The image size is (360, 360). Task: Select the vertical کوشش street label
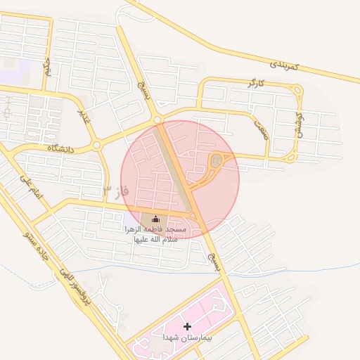299,126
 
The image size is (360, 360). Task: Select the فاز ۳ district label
116,191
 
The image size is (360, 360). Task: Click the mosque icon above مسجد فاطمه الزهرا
155,219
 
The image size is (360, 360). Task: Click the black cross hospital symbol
187,326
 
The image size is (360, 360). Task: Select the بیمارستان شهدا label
187,338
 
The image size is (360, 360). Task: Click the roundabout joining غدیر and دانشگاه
96,144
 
